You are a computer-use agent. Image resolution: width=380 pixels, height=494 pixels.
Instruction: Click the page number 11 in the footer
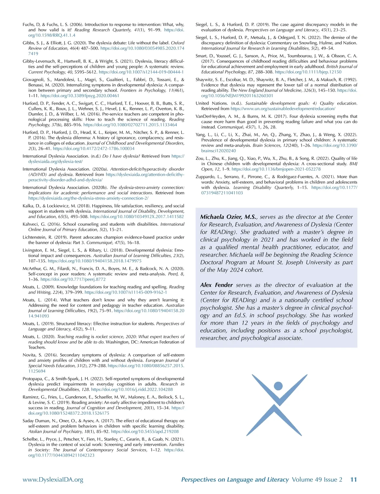pos(353,479)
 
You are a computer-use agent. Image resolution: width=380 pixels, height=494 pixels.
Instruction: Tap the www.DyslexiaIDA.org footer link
pos(53,480)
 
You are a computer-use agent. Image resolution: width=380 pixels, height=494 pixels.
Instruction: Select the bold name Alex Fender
pos(216,285)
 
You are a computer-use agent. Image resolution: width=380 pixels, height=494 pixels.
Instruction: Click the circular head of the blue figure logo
pos(278,386)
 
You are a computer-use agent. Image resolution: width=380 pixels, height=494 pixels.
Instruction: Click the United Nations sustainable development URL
pos(283,108)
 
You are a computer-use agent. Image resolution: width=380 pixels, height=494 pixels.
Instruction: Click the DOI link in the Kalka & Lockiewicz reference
pos(137,217)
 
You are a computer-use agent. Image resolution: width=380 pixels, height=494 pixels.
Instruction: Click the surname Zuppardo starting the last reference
pos(206,177)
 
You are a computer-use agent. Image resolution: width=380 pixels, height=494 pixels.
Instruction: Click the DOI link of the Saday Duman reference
pos(145,432)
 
